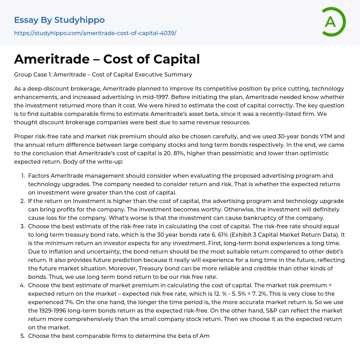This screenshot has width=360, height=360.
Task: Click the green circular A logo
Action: coord(333,22)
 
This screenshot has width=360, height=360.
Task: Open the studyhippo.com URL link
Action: coord(95,33)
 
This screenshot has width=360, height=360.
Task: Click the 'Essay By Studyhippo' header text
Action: coord(59,20)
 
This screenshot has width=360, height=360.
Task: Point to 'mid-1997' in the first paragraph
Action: coord(229,97)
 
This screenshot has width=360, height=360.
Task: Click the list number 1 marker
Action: coord(22,176)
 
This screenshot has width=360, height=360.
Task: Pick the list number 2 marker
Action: coord(22,201)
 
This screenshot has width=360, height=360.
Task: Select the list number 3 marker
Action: coord(22,226)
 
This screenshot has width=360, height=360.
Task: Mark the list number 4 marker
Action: coord(22,285)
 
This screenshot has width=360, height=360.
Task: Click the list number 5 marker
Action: coord(22,336)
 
